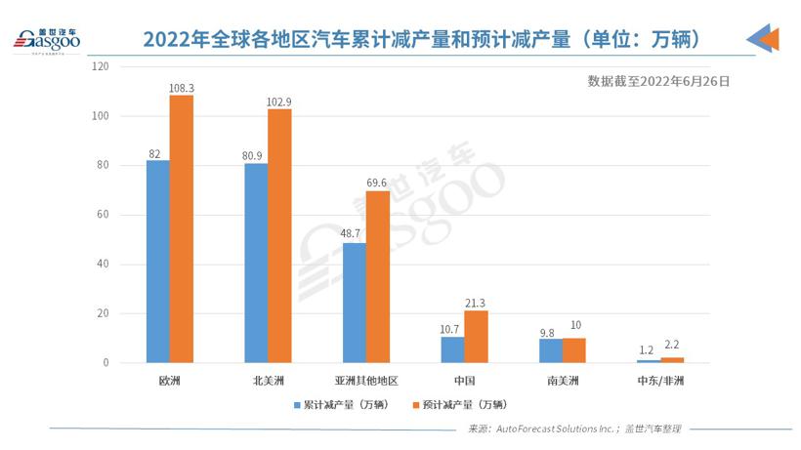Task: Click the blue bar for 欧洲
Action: click(x=157, y=262)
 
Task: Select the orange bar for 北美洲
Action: click(x=279, y=235)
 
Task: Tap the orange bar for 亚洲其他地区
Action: click(x=378, y=277)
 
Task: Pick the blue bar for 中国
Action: click(x=452, y=349)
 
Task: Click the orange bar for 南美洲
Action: click(x=574, y=350)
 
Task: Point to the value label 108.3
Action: click(x=182, y=88)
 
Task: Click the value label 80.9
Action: click(x=255, y=154)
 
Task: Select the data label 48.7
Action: click(x=354, y=234)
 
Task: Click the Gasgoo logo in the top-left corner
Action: click(x=46, y=39)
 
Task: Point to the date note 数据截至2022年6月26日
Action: click(x=658, y=82)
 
